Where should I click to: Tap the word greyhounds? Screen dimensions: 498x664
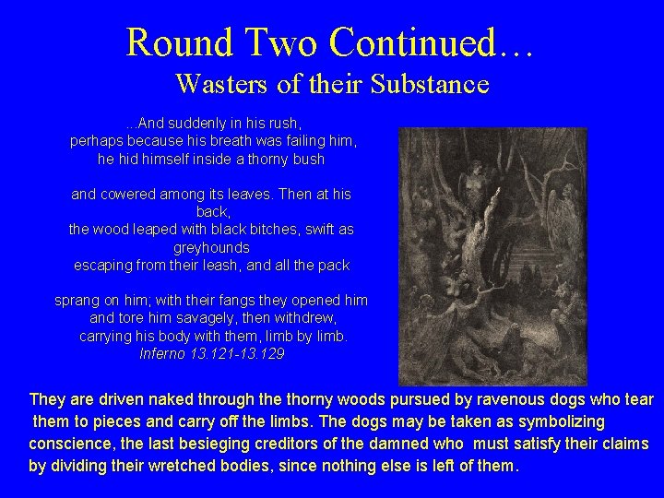pos(211,247)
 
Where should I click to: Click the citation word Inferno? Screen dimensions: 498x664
pos(161,353)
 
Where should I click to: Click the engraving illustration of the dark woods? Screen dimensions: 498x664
pos(492,255)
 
